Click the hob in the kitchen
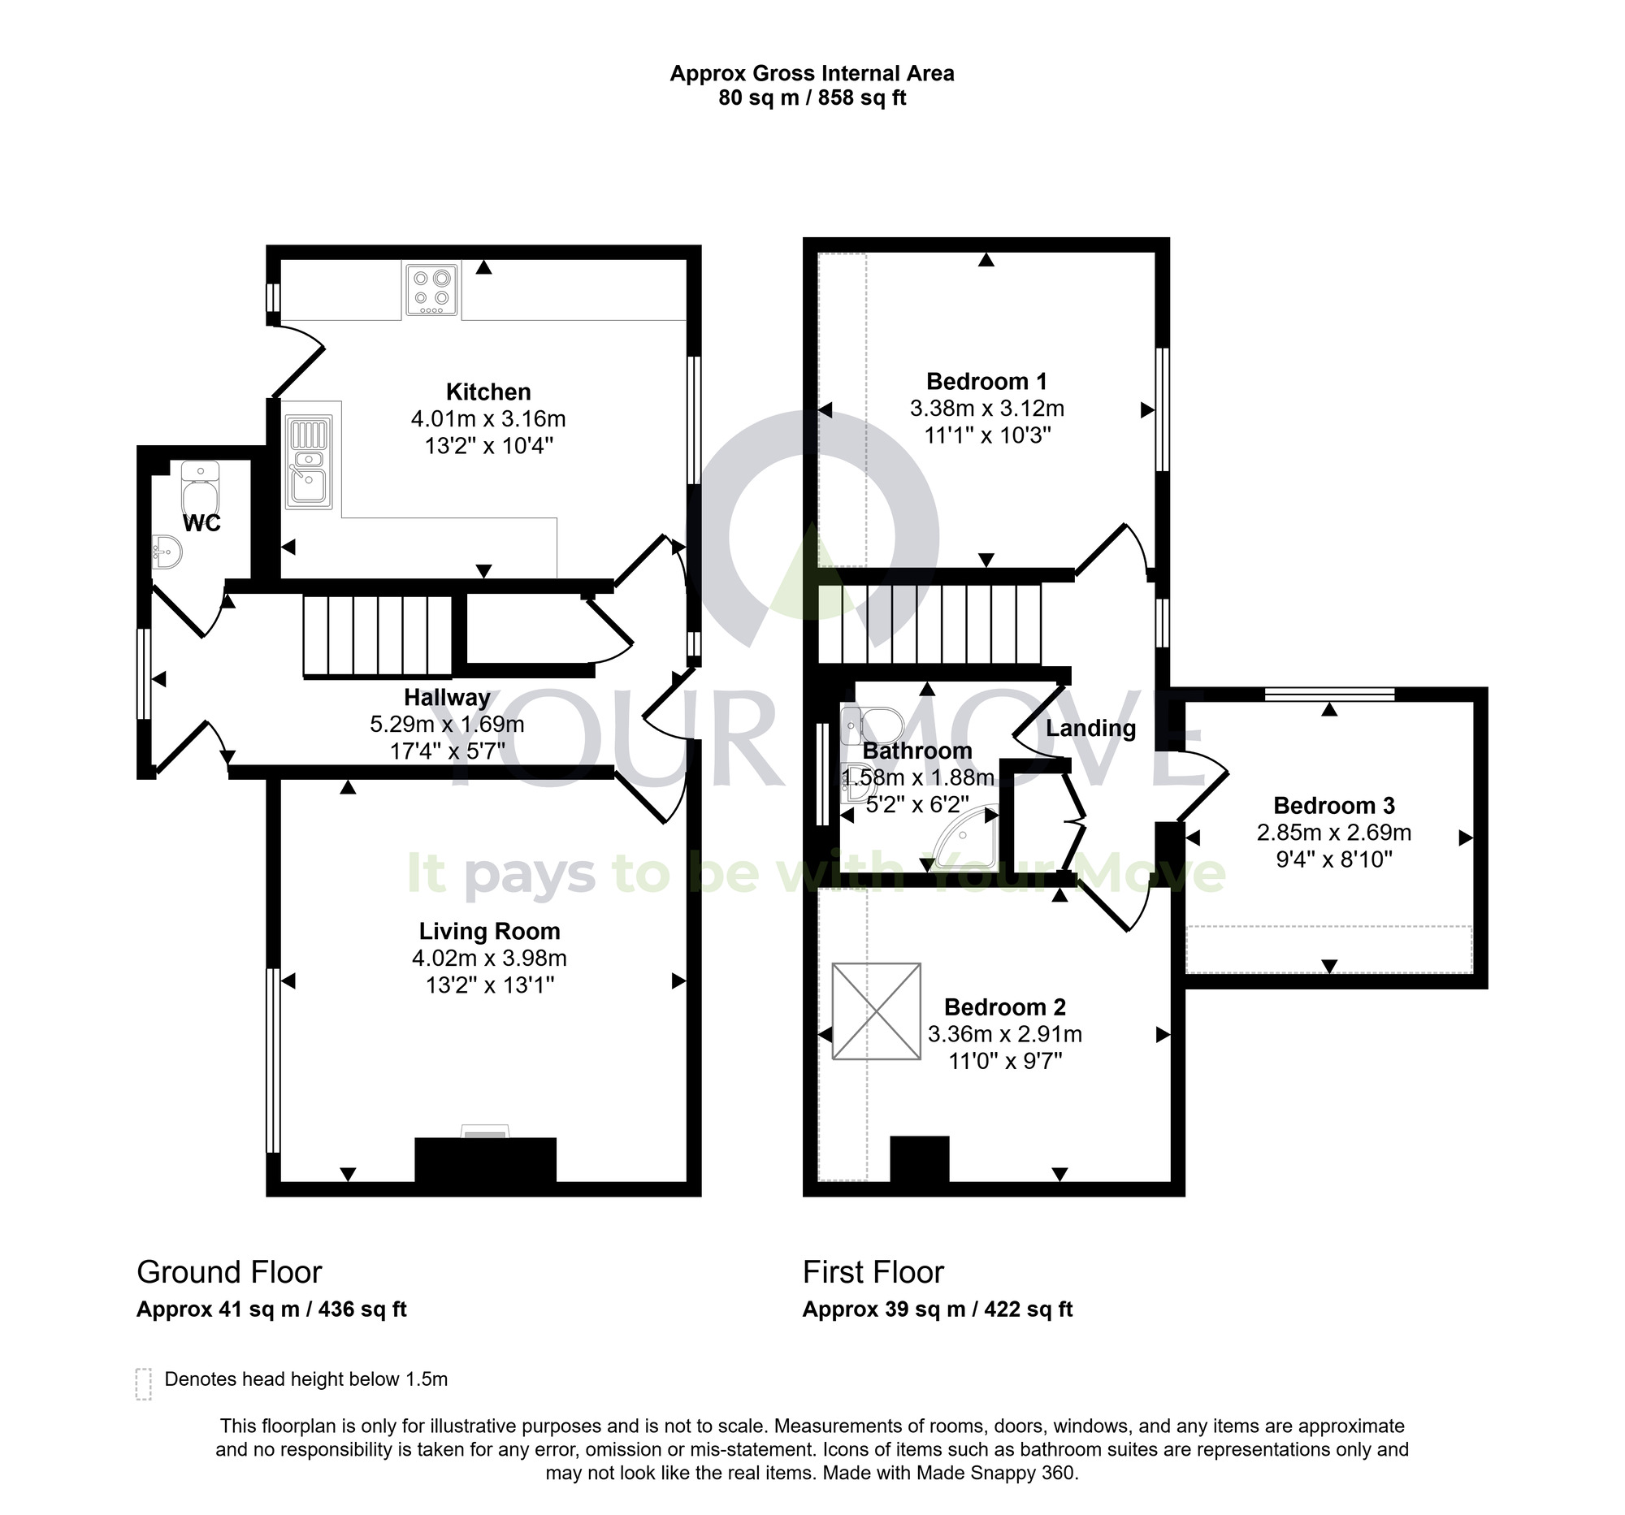[431, 289]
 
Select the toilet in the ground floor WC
[199, 489]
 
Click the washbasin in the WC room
[167, 552]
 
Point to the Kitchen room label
[488, 392]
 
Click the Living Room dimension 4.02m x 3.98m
[489, 958]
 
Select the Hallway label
[447, 697]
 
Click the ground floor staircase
[377, 637]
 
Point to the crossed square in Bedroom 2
[876, 1011]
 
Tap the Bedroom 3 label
[1334, 806]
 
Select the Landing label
[1090, 728]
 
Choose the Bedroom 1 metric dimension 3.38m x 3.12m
[986, 408]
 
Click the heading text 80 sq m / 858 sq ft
[812, 98]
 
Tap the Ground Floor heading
[229, 1271]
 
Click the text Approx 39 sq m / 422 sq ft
[937, 1309]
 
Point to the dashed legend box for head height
[144, 1384]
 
